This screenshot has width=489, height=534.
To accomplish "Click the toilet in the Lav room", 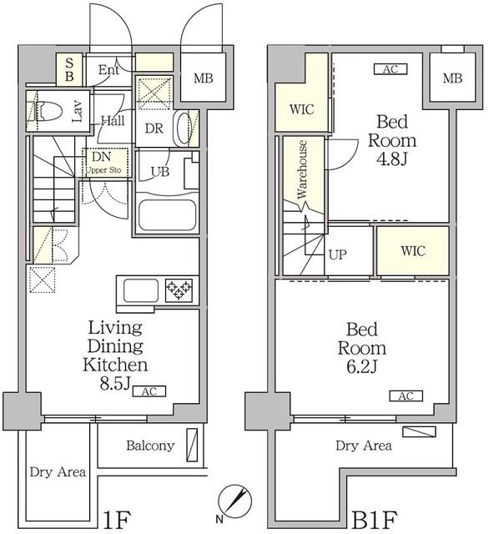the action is tap(48, 111).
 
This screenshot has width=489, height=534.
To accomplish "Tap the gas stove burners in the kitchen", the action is tap(179, 290).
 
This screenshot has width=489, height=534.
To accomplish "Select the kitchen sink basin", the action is tap(141, 290).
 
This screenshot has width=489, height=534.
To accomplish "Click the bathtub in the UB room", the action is tap(167, 215).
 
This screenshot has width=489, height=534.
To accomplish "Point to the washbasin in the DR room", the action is tap(182, 128).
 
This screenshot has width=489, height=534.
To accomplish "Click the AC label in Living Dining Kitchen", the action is tap(149, 391).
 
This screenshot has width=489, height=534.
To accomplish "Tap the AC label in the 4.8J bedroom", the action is tap(391, 69).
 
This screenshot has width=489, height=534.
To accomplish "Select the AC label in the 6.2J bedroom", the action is tap(406, 396).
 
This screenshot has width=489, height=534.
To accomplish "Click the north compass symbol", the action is tap(235, 501).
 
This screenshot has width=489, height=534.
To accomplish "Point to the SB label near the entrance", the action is tap(69, 69).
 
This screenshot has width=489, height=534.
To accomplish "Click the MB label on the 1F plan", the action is tap(204, 78).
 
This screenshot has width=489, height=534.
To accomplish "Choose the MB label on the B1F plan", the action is tap(452, 78).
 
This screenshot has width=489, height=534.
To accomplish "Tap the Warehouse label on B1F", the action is tap(302, 169).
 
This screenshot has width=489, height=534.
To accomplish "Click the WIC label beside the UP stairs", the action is tap(413, 251).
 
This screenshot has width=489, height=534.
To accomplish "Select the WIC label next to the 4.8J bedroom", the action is tap(301, 109).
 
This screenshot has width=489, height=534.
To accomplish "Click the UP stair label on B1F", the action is tap(337, 254).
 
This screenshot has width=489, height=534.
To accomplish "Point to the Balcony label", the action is tap(150, 446).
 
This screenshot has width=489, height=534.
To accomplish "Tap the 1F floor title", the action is tap(117, 521).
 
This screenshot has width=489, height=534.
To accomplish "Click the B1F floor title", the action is tap(374, 521).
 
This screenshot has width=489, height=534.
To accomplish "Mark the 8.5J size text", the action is tap(115, 384).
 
